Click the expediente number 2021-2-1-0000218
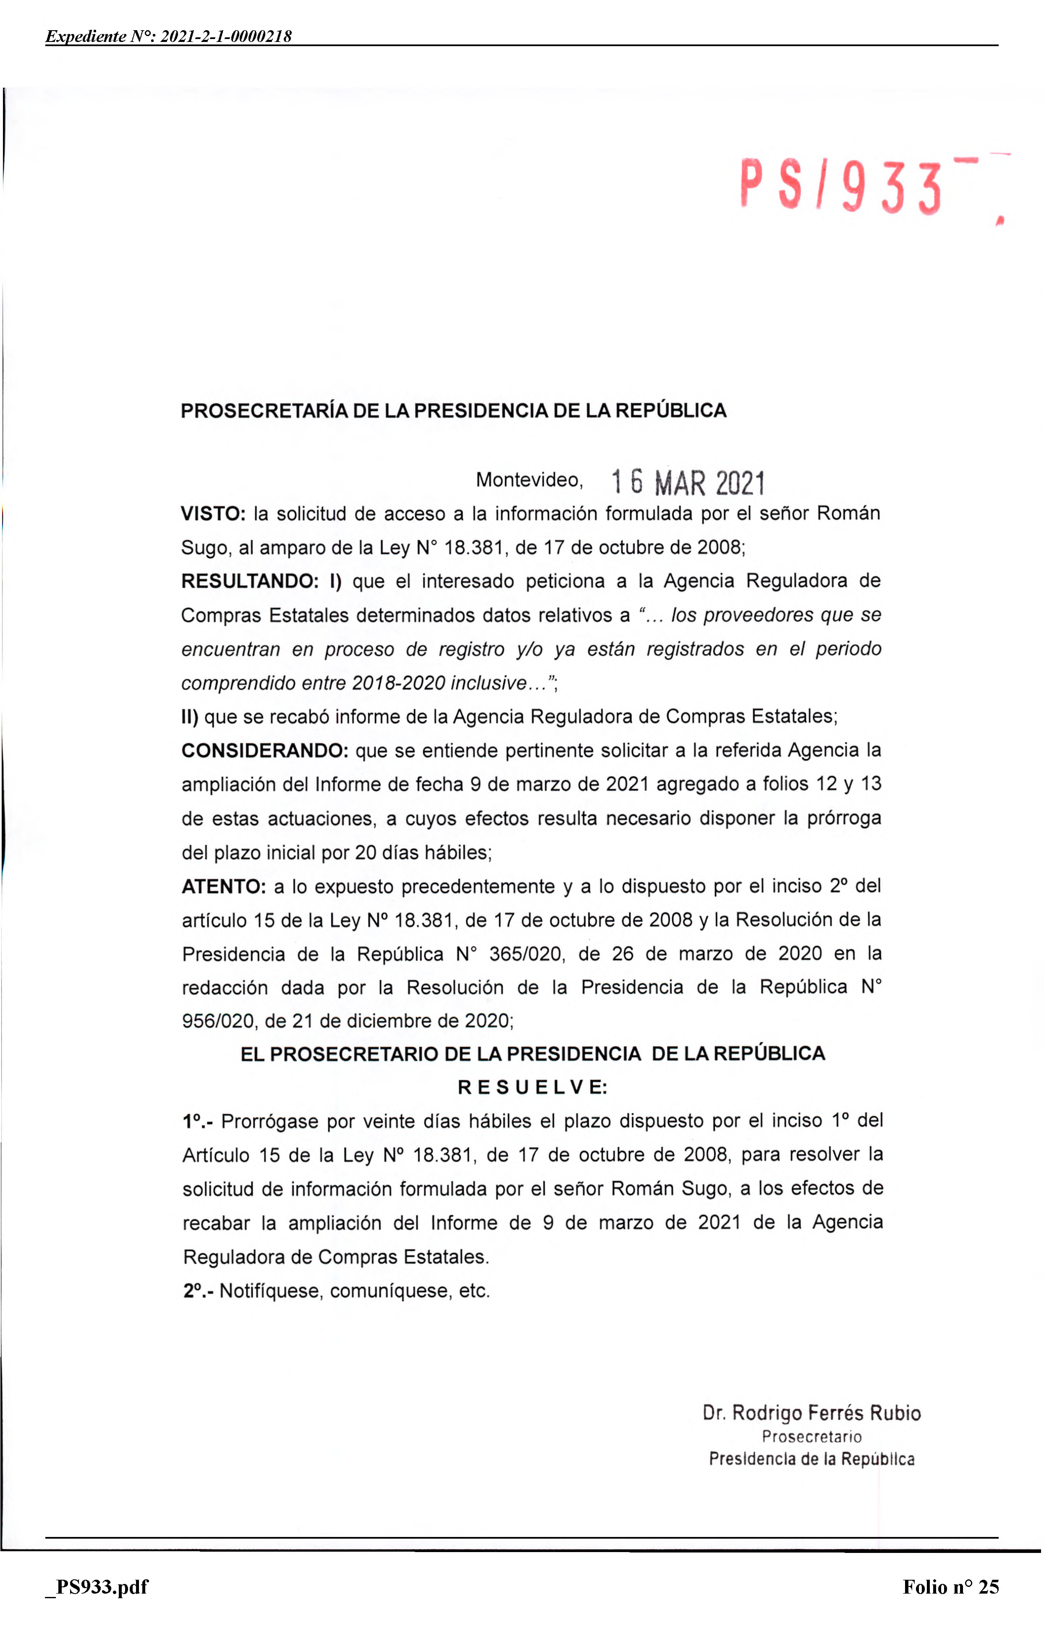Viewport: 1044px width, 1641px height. click(226, 36)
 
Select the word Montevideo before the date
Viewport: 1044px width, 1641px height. click(529, 480)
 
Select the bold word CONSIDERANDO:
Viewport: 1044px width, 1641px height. click(264, 750)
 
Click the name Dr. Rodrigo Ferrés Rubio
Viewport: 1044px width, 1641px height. click(811, 1413)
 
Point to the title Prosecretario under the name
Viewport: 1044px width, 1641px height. click(811, 1437)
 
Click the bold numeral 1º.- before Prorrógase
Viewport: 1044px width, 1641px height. click(197, 1121)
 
